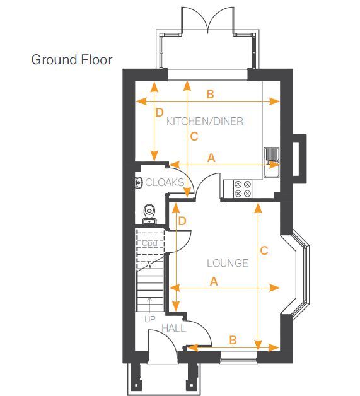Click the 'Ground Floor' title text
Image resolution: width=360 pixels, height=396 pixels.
[72, 60]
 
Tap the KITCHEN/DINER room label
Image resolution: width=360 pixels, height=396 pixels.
[205, 122]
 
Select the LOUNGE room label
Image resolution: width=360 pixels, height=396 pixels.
[228, 263]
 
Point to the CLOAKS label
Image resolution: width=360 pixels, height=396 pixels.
[165, 182]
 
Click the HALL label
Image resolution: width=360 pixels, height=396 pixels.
[173, 329]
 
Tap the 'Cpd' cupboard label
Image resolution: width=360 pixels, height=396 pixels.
[149, 243]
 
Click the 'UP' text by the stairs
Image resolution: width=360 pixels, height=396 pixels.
[150, 319]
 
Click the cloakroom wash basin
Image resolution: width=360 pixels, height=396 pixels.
[138, 182]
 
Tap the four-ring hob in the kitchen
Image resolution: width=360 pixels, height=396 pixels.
[243, 189]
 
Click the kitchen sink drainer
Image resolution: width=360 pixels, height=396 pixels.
[271, 154]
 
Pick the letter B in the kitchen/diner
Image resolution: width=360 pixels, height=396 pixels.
[211, 94]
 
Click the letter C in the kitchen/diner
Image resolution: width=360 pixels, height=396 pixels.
[194, 137]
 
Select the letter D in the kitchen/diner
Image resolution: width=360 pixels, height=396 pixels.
[160, 113]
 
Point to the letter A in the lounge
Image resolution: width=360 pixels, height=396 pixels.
[214, 281]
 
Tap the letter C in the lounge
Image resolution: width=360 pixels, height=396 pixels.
[264, 251]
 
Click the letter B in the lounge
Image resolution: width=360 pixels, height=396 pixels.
[233, 340]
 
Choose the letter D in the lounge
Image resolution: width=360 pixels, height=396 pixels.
[182, 221]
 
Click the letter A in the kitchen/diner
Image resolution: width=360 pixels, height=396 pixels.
[211, 158]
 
